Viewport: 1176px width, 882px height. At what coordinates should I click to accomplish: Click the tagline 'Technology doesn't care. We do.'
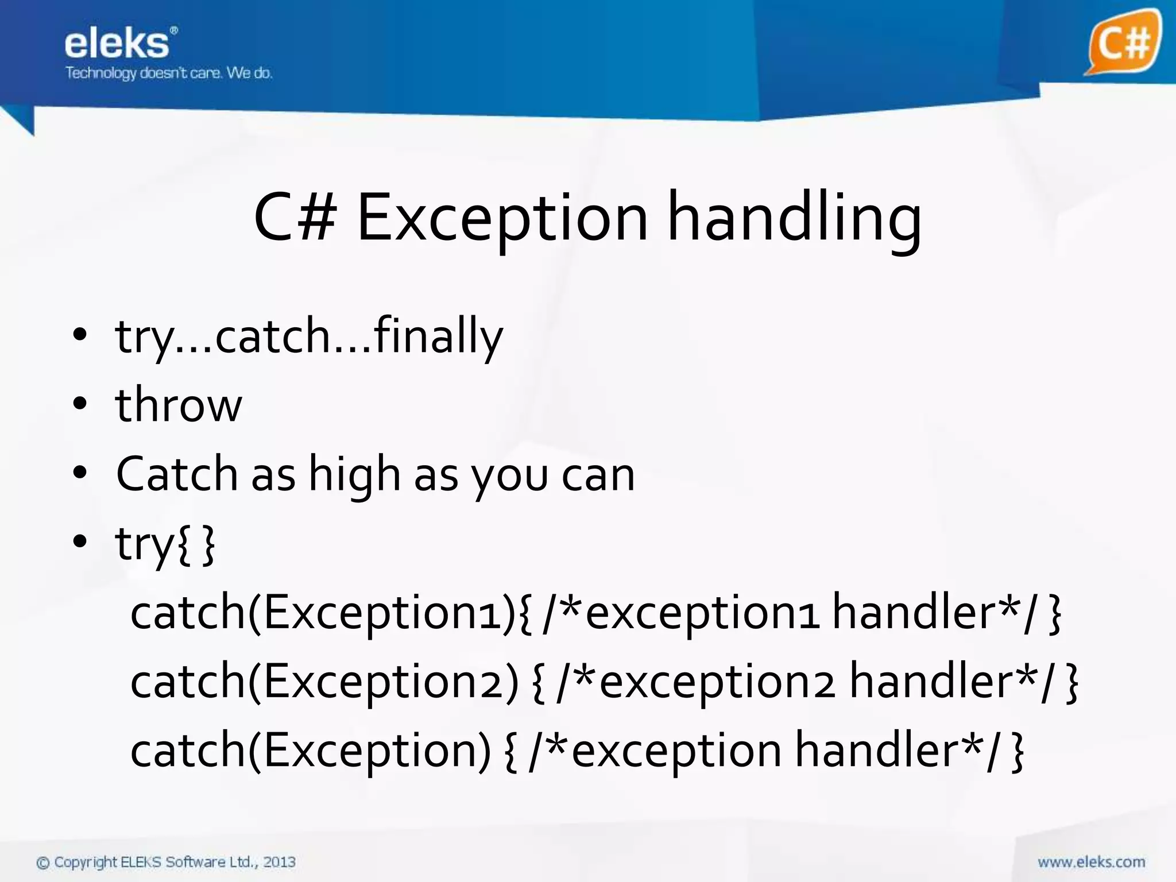coord(169,73)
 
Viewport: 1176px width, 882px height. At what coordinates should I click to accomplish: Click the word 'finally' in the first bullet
coord(438,336)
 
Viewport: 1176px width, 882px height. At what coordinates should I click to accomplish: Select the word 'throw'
coord(179,405)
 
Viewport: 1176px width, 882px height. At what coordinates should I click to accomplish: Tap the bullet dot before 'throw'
coord(80,404)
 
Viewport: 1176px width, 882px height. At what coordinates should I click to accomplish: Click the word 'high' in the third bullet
coord(354,475)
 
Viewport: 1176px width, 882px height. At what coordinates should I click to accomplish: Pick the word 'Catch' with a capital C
coord(176,474)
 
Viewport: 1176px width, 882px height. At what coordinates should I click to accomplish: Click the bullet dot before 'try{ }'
coord(80,541)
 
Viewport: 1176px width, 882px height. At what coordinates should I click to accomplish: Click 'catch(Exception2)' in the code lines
coord(324,682)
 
